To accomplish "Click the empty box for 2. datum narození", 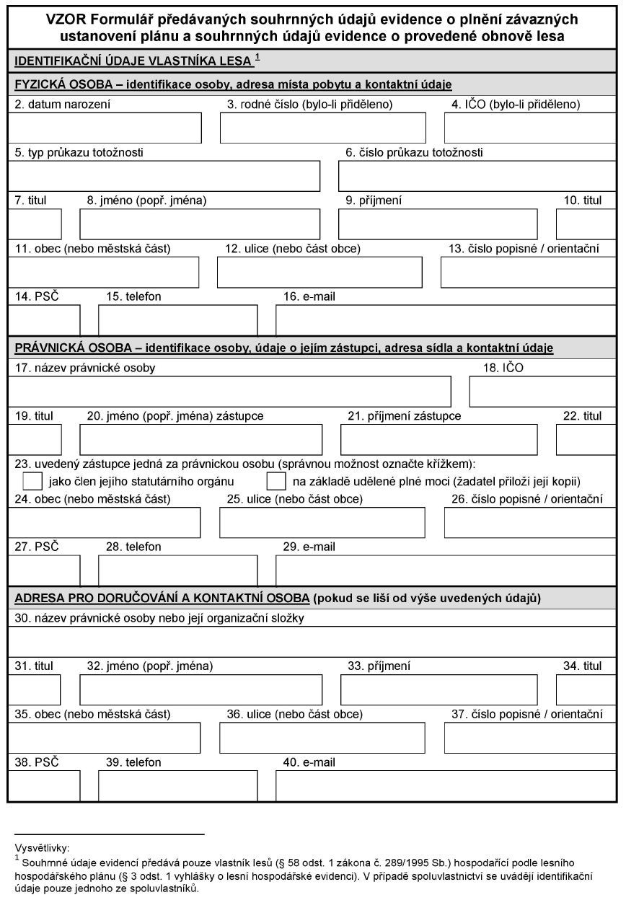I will point(105,128).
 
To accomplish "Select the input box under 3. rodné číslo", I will point(322,128).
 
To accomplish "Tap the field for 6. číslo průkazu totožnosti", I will point(477,177).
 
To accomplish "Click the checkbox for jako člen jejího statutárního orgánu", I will point(32,481).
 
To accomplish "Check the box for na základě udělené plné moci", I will point(276,481).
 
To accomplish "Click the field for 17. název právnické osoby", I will point(229,392).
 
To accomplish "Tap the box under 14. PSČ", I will point(44,321).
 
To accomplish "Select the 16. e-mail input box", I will point(446,321).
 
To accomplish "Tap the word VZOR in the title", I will point(44,19).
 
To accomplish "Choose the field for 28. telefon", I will point(177,570).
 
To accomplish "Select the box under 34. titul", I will point(585,690).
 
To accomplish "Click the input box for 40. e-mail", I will point(446,786).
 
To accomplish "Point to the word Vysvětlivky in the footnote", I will point(41,848).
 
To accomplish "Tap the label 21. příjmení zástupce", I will point(404,416).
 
